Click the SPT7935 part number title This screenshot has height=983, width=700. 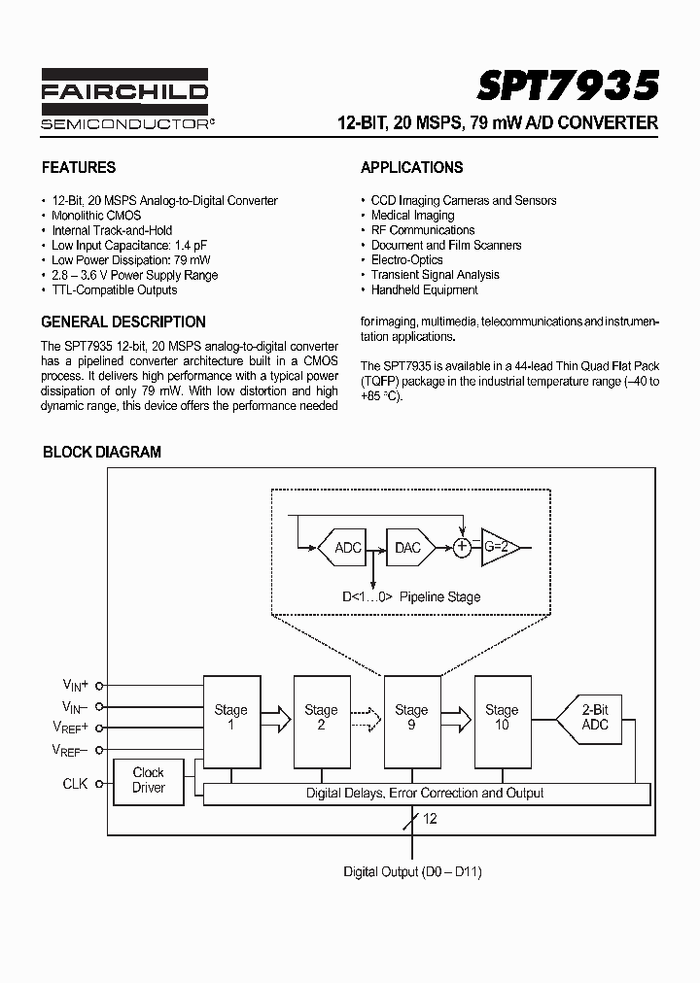coord(568,85)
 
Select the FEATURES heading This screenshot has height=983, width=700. coord(78,167)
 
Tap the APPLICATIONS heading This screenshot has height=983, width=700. coord(411,167)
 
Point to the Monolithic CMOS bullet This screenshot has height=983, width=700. coord(96,216)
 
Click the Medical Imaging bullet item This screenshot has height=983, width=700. coord(412,216)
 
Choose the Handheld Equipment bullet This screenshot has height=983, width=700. coord(424,289)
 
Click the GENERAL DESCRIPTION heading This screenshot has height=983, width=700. coord(123,322)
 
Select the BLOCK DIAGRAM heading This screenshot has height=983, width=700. coord(102,452)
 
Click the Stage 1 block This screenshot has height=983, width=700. coord(230,718)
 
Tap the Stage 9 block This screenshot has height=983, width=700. coord(411,718)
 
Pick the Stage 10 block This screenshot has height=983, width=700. coord(502,718)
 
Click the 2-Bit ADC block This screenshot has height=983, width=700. coord(593,718)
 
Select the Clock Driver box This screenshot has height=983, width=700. coord(149,780)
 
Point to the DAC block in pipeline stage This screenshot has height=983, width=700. coord(408,548)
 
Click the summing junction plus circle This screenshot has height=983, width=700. coord(463,548)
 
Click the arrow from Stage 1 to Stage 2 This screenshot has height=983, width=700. coord(276,719)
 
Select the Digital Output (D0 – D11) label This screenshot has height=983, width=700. coord(412,871)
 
